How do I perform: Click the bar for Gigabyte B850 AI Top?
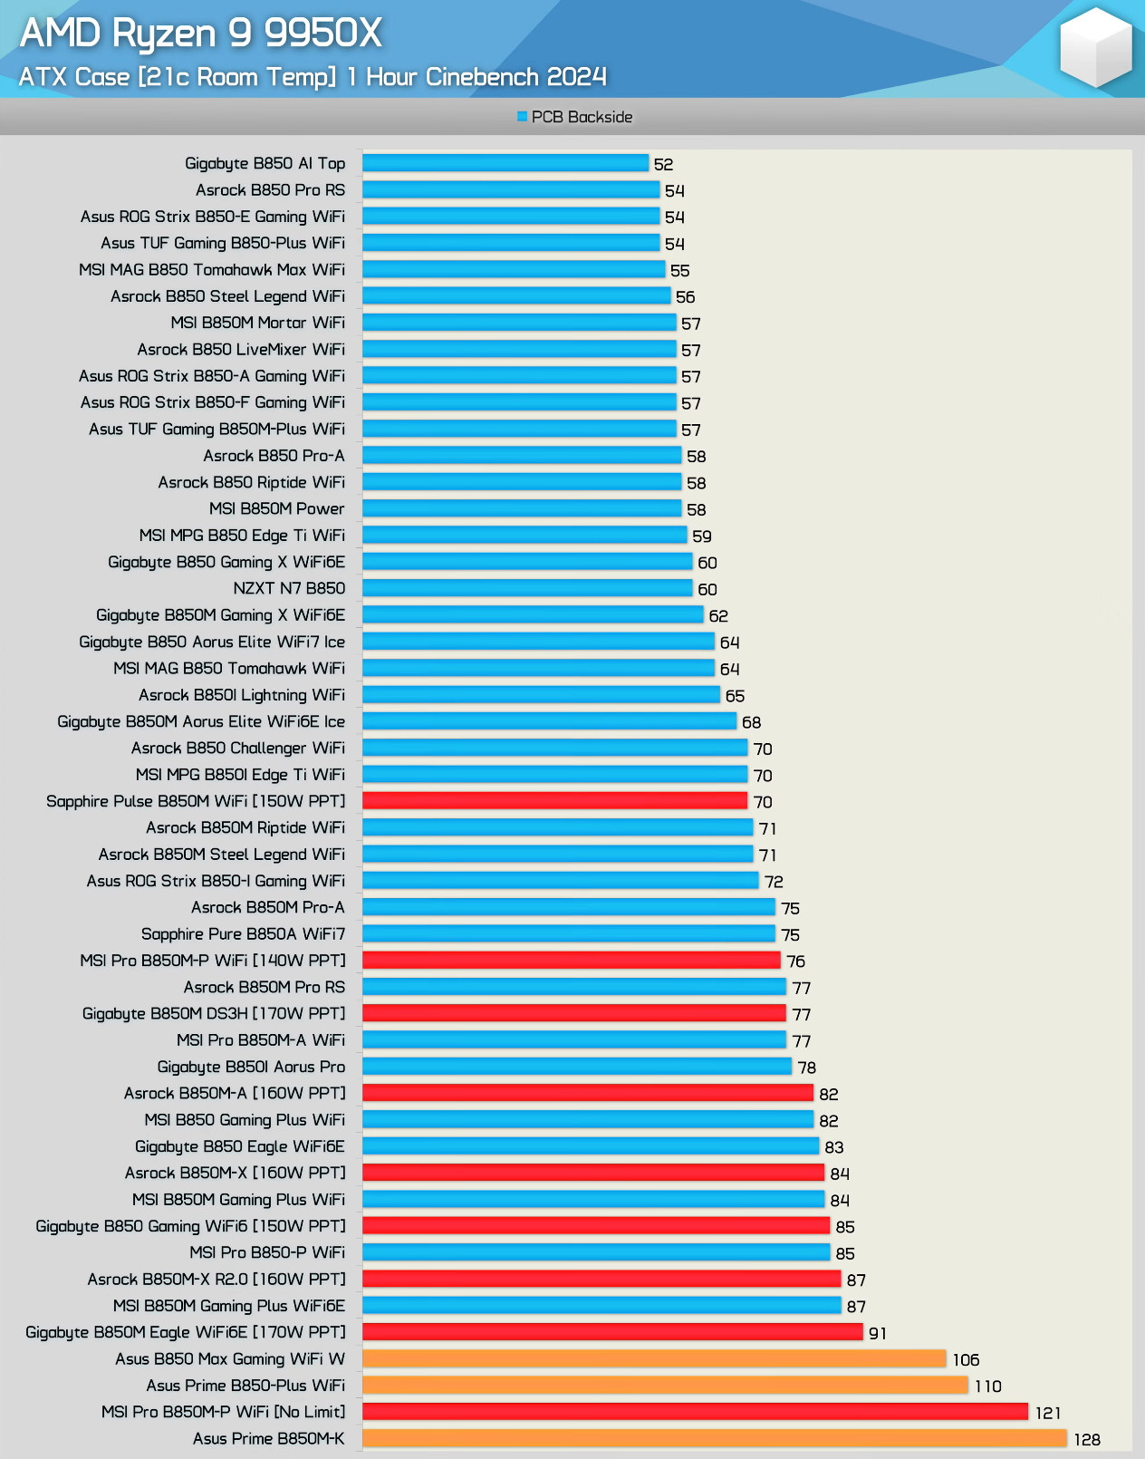(505, 163)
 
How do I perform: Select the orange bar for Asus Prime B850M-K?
(715, 1438)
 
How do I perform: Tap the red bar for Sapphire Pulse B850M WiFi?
(554, 801)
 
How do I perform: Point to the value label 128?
(1087, 1439)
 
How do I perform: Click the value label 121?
(1048, 1413)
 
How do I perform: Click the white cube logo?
(1095, 47)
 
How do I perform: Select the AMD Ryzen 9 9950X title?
(201, 34)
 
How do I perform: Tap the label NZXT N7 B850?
(289, 588)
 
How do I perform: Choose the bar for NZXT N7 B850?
(527, 588)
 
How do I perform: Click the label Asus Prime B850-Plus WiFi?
(245, 1386)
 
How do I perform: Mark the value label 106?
(966, 1359)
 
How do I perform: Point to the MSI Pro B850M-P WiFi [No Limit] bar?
(695, 1412)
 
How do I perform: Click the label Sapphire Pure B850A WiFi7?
(243, 934)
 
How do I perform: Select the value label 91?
(878, 1333)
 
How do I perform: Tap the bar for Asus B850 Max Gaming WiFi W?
(654, 1358)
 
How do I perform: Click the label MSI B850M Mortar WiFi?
(257, 323)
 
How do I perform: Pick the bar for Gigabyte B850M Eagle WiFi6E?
(612, 1332)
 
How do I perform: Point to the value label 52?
(664, 164)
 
